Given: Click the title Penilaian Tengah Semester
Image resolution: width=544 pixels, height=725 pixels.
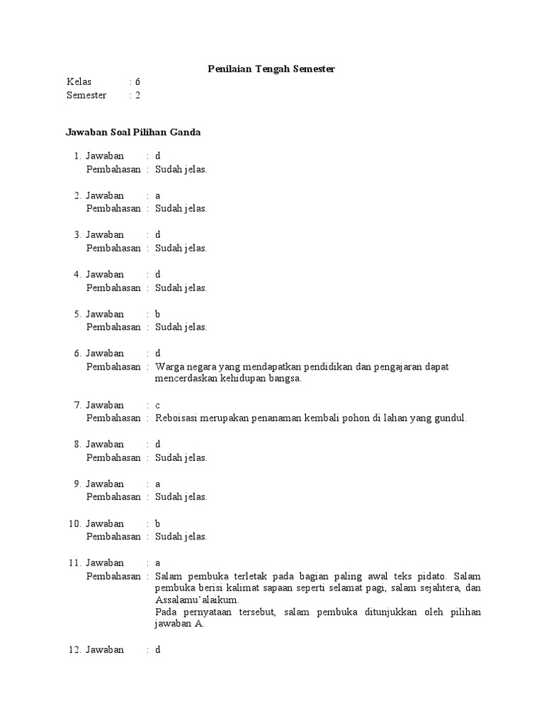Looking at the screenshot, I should tap(271, 69).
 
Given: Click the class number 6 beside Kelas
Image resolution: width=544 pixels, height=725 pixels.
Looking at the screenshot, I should tap(137, 82).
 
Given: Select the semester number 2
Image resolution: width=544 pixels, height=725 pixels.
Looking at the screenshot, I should tap(137, 96).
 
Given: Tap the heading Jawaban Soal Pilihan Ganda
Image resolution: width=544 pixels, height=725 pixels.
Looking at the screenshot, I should tap(133, 132).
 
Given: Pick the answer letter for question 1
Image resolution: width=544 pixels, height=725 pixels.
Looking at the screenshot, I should tap(158, 156).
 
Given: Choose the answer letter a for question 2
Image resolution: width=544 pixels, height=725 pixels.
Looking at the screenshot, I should tap(158, 195).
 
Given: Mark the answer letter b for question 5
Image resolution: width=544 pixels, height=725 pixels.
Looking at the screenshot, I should tap(158, 314).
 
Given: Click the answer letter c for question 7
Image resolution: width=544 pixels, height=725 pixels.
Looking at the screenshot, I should tap(158, 406).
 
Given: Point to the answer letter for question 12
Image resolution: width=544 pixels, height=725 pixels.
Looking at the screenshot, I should tap(158, 649).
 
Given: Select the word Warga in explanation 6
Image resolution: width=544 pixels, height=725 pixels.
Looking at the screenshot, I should tap(169, 366).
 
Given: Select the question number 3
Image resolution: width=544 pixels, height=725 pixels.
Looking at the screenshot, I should tap(77, 234).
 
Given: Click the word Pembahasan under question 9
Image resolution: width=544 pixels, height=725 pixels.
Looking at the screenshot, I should tap(113, 497).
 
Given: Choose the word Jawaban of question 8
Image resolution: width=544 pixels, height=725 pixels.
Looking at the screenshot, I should tap(105, 445).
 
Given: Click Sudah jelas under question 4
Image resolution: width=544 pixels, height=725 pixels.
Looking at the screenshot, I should tap(181, 287).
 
